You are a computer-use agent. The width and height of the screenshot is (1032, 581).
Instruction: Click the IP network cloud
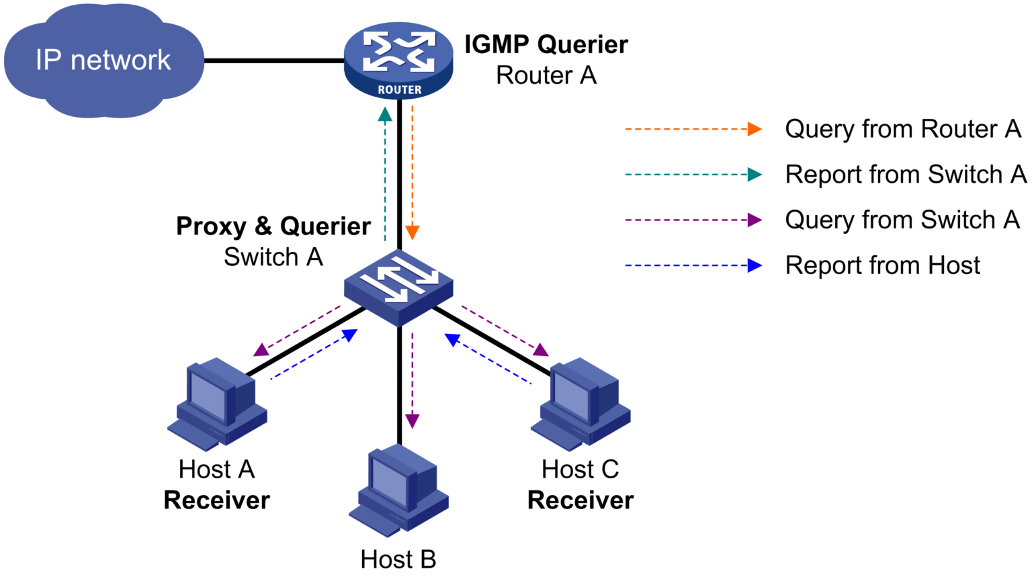coord(103,60)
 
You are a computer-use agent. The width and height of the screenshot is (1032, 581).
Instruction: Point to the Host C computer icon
coord(580,404)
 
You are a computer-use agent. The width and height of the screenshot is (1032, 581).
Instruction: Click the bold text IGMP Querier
coord(546,44)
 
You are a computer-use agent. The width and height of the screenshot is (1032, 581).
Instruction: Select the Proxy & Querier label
coord(273,226)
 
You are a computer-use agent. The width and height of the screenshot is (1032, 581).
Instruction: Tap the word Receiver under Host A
coord(216,500)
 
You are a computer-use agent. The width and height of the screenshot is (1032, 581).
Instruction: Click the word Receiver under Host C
coord(580,500)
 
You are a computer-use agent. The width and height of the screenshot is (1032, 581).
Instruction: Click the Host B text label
coord(398,559)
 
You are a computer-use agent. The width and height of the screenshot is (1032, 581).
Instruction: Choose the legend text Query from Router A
coord(902,129)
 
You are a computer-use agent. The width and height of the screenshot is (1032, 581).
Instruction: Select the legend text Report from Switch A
coord(905,175)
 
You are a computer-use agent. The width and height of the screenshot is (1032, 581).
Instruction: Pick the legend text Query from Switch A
coord(902,220)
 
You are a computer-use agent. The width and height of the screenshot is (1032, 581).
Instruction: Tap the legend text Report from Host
coord(882,266)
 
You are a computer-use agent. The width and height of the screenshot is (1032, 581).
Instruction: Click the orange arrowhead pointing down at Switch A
coord(413,232)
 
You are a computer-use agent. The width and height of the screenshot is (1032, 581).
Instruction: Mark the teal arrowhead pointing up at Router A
coord(385,115)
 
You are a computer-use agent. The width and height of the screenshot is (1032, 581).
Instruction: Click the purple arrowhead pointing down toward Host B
coord(413,421)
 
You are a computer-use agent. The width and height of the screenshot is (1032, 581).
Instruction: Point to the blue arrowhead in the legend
coord(755,266)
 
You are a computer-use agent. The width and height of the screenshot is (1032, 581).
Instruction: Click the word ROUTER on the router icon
coord(399,89)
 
